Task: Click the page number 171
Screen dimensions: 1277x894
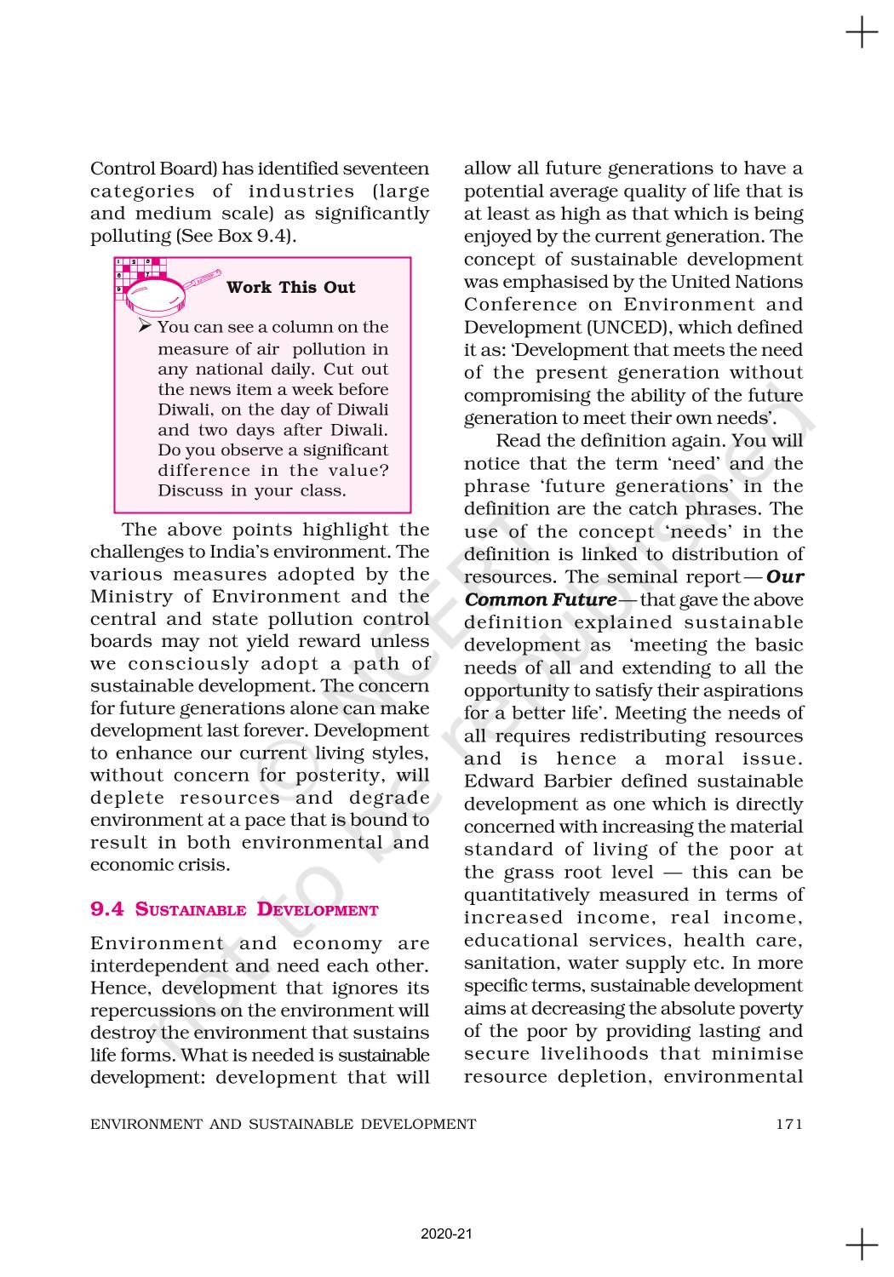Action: (789, 1124)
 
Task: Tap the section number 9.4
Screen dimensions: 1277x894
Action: (107, 909)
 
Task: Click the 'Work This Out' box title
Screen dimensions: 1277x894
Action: (290, 287)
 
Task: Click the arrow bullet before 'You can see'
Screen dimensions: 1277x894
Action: (145, 326)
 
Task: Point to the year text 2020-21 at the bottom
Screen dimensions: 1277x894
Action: (446, 1234)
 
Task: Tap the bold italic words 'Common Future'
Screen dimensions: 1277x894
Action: (541, 599)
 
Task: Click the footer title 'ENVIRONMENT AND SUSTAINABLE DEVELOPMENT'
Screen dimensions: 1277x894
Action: (284, 1124)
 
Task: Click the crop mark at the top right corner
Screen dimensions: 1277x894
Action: (862, 33)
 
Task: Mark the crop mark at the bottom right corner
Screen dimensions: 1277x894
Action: (862, 1244)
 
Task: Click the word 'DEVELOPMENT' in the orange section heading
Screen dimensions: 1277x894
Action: (318, 910)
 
